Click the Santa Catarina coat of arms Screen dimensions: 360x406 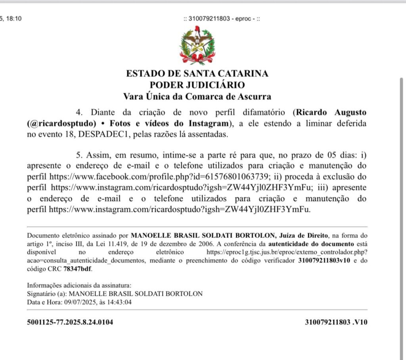197,46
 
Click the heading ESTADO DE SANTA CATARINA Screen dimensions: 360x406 197,73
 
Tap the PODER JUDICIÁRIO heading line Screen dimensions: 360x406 197,84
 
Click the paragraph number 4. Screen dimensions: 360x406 78,112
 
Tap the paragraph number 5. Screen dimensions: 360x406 78,154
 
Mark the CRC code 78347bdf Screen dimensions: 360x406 77,268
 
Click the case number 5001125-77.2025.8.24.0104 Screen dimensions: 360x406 70,322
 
